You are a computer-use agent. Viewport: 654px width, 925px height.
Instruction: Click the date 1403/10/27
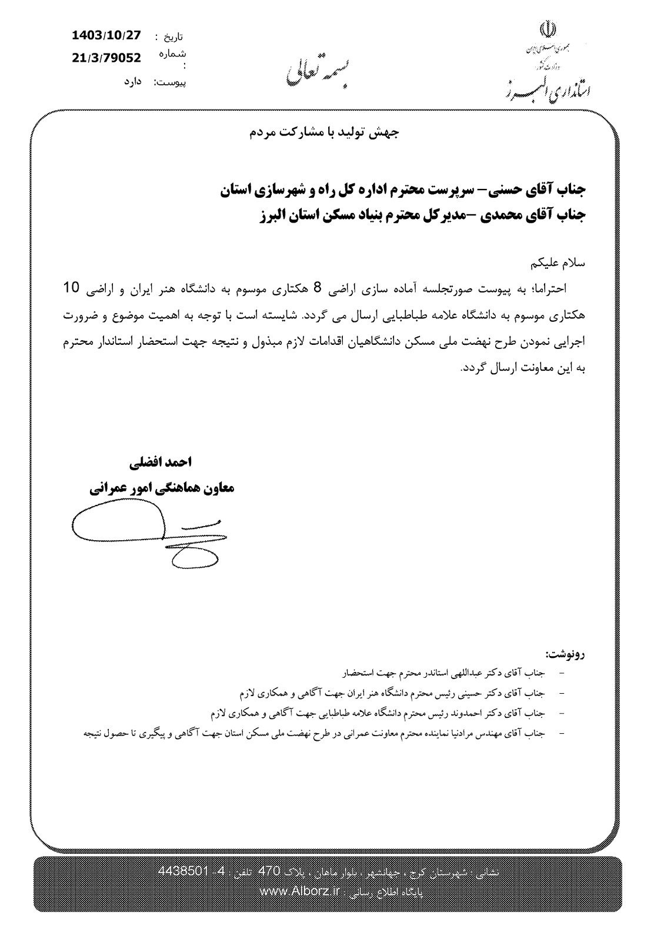tap(106, 35)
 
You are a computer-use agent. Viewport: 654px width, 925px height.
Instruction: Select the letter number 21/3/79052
tap(106, 57)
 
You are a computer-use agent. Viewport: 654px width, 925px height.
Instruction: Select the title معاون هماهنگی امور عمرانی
tap(162, 488)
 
